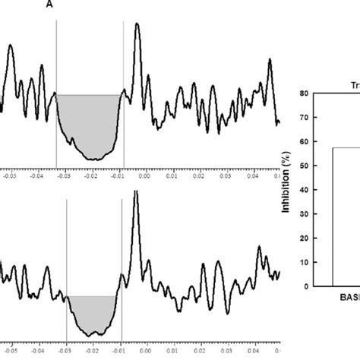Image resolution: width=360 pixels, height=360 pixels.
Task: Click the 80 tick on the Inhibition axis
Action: pyautogui.click(x=303, y=93)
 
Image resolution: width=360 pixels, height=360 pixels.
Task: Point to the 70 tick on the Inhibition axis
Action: pyautogui.click(x=303, y=118)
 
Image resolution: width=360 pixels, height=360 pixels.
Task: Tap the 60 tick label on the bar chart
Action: pyautogui.click(x=303, y=141)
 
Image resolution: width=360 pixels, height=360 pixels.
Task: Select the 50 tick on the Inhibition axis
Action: pyautogui.click(x=303, y=166)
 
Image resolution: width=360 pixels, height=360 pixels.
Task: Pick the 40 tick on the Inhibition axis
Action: pyautogui.click(x=303, y=190)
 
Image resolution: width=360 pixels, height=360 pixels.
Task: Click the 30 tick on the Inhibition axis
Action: pyautogui.click(x=303, y=214)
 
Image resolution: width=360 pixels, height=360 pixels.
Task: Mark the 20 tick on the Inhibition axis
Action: pyautogui.click(x=303, y=238)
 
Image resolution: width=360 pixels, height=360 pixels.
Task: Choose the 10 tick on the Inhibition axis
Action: pyautogui.click(x=303, y=262)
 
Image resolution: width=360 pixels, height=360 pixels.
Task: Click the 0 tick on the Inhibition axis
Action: pyautogui.click(x=305, y=286)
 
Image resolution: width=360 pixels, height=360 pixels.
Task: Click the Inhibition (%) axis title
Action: pyautogui.click(x=287, y=190)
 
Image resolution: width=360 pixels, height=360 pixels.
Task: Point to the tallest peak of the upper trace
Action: pyautogui.click(x=137, y=24)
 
